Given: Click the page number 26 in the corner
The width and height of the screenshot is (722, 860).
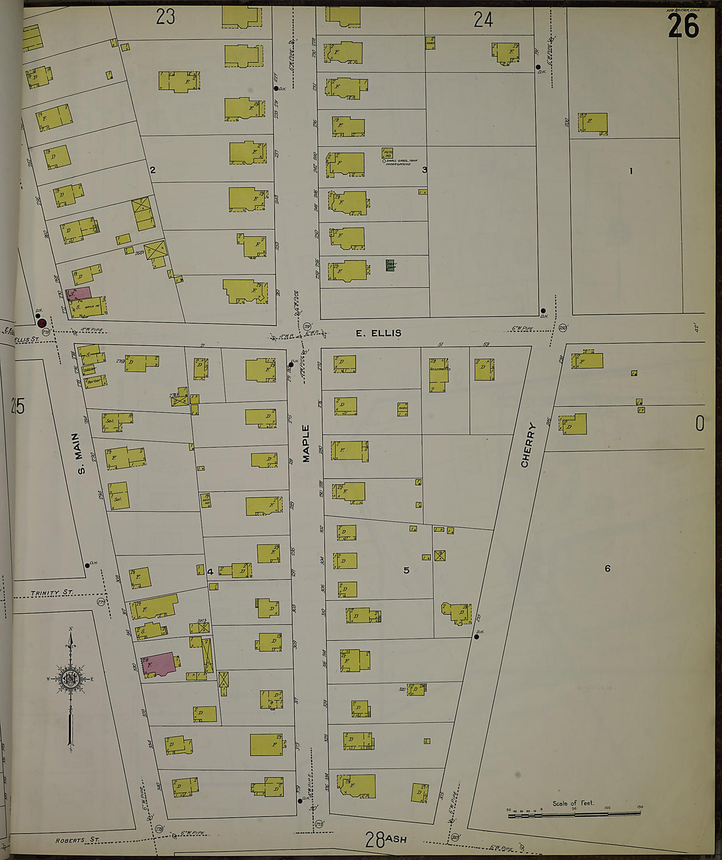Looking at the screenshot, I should pos(683,26).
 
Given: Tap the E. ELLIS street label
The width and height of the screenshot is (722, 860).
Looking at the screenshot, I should pos(378,333).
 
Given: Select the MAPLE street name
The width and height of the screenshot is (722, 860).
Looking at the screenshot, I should pos(306,444).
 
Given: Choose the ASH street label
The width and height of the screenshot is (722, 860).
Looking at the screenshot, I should pos(396,839).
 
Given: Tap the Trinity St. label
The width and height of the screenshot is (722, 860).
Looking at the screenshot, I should pos(52,593).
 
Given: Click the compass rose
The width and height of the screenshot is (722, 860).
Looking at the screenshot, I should pos(70,679).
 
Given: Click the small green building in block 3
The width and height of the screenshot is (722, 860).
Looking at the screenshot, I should pos(391,265).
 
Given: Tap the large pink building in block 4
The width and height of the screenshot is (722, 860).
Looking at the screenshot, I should pos(158,665).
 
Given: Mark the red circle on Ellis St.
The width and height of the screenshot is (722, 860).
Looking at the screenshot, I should pos(42,323).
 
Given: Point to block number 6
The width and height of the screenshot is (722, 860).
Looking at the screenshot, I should pos(607,569).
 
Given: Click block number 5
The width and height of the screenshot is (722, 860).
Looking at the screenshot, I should pos(406,570).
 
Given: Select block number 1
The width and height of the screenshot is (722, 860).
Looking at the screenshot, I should pos(631,171).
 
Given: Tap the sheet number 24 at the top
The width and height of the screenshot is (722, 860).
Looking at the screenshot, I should pos(483,20).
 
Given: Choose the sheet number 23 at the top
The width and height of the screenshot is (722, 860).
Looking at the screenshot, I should pos(165,17).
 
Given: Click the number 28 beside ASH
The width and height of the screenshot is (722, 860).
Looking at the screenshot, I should pos(375,838).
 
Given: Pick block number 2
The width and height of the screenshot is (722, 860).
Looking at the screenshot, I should pos(152,171).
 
